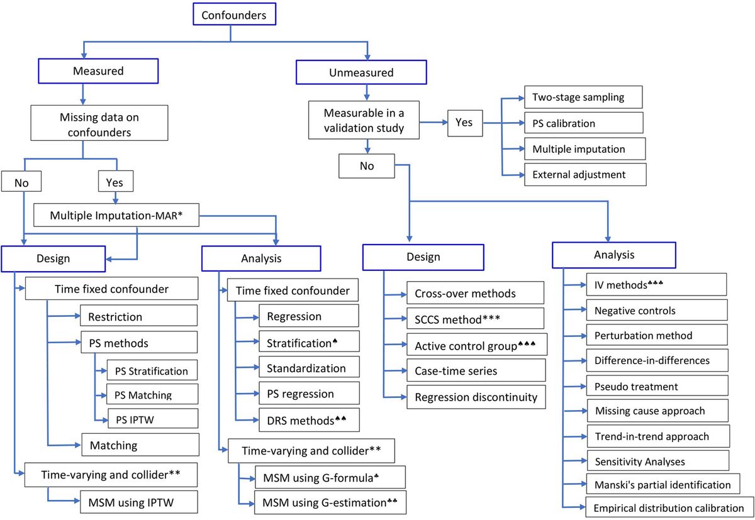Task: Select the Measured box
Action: (99, 71)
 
